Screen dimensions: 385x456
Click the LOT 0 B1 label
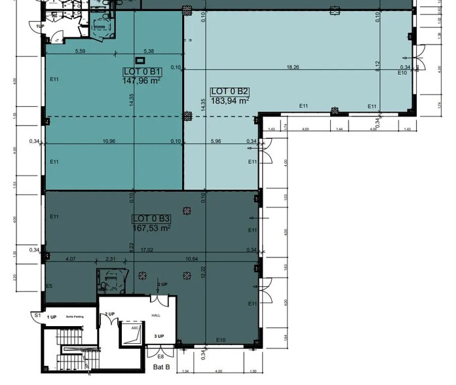tap(142, 71)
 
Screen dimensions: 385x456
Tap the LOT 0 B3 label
tap(151, 219)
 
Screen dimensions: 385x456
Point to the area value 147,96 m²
tap(142, 81)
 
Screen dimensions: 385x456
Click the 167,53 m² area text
tap(151, 229)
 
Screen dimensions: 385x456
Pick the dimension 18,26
tap(292, 67)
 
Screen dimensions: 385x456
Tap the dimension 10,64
tap(192, 259)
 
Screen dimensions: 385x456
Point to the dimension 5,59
tap(81, 51)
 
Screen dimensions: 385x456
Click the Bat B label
tap(162, 368)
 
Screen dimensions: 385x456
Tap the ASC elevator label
tap(135, 327)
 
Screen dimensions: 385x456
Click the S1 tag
tap(38, 316)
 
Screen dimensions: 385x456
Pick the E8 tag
tap(161, 356)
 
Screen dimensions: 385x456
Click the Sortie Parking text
tap(75, 317)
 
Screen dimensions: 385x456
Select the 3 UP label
tap(159, 337)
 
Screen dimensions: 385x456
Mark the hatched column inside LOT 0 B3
tap(188, 211)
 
